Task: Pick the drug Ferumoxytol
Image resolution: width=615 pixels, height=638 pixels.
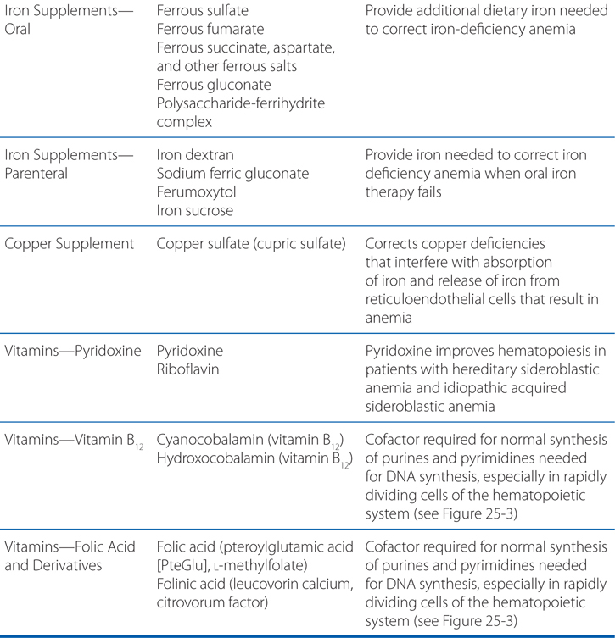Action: [197, 192]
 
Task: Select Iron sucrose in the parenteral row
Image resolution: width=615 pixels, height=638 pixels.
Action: [196, 211]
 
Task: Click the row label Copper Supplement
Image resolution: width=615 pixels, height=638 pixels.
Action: [70, 245]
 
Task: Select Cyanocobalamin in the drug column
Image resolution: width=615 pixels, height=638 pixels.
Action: [207, 439]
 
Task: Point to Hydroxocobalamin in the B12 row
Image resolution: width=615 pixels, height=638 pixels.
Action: [212, 458]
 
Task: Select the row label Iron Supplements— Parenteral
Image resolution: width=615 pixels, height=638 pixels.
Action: [61, 164]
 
